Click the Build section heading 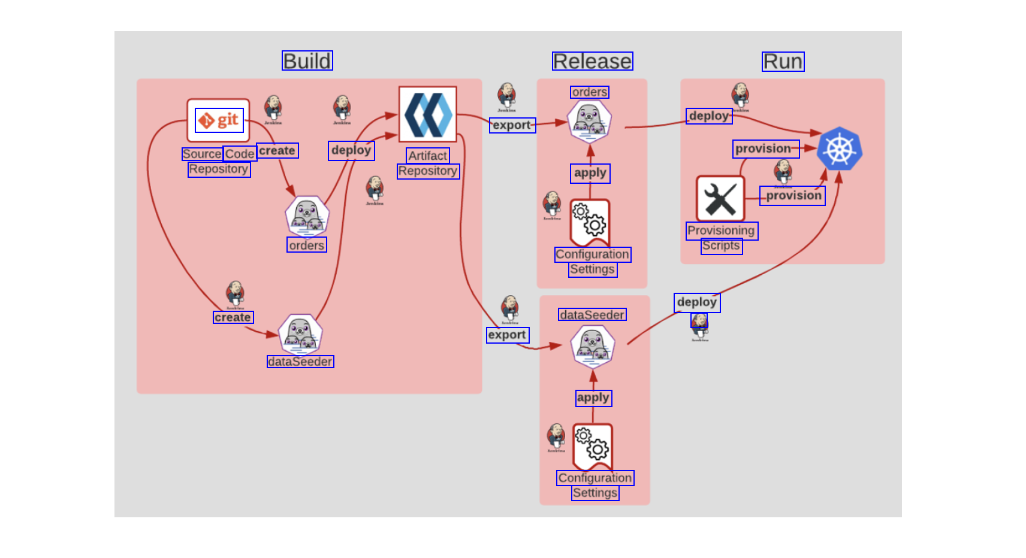307,61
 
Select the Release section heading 592,62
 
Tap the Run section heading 783,62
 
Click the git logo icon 219,120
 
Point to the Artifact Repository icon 428,114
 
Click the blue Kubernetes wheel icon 839,149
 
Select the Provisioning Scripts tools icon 720,199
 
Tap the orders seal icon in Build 307,216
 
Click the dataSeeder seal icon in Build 300,335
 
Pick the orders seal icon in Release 590,122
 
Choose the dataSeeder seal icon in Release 593,346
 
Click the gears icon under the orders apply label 590,222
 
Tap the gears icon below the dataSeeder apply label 593,446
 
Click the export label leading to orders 512,125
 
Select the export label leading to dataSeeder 508,335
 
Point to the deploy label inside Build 351,150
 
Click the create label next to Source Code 277,151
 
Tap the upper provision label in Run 765,148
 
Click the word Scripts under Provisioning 722,246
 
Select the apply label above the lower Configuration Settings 593,398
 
